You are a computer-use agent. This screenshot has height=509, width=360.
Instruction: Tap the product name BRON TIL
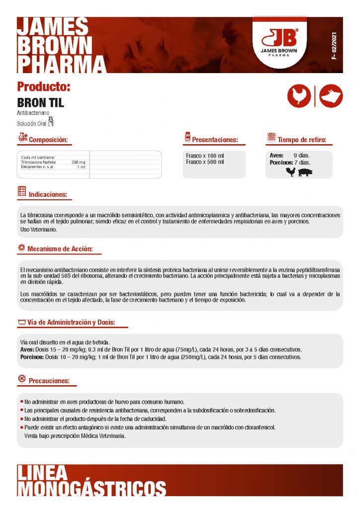pos(41,103)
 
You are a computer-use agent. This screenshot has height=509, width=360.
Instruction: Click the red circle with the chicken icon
pos(299,96)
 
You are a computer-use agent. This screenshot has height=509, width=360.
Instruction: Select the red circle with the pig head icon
pos(331,96)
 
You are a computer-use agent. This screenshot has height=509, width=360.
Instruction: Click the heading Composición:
pos(48,140)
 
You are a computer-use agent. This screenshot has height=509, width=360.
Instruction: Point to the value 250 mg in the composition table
pos(78,162)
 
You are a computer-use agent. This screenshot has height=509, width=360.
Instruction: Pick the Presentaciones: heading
pos(215,140)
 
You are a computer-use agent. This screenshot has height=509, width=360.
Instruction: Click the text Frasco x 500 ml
pos(205,162)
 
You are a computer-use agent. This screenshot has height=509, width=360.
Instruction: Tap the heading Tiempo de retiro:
pos(302,140)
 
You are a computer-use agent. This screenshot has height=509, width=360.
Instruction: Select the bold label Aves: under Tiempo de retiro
pos(276,156)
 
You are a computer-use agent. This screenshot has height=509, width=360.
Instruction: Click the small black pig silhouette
pos(305,172)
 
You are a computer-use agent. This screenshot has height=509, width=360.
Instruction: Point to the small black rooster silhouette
pos(290,172)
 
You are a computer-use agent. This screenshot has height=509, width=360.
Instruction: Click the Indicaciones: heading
pos(47,194)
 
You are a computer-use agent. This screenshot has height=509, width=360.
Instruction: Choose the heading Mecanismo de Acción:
pos(60,249)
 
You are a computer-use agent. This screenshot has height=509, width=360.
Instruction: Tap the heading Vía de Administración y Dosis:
pos(71,323)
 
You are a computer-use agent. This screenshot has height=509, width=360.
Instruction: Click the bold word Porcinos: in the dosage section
pos(31,357)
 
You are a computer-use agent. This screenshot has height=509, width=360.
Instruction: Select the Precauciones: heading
pos(49,381)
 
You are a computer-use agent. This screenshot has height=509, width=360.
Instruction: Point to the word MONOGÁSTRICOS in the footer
pos(92,488)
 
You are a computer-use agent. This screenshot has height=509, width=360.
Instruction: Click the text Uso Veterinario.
pos(38,230)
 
